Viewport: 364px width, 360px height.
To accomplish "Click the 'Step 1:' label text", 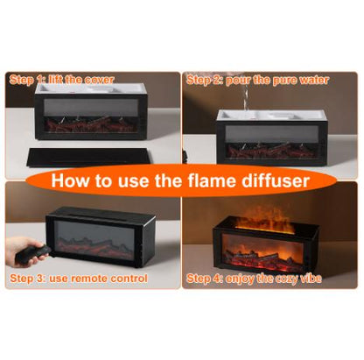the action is [25, 80].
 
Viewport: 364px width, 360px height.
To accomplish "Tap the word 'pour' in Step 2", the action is [238, 81].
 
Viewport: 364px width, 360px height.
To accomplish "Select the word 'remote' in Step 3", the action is [87, 279].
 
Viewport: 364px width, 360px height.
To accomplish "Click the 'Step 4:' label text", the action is [203, 279].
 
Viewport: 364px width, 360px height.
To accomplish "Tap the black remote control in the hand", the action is [33, 253].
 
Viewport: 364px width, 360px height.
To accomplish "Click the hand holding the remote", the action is [23, 251].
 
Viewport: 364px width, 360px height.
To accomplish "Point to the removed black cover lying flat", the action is [89, 156].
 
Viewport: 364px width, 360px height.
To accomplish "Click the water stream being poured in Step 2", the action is [246, 98].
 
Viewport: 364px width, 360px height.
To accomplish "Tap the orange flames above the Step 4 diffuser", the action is [265, 219].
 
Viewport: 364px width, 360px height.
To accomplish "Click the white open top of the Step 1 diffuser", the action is [90, 88].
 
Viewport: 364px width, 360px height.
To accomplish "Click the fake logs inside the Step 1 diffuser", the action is [91, 124].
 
